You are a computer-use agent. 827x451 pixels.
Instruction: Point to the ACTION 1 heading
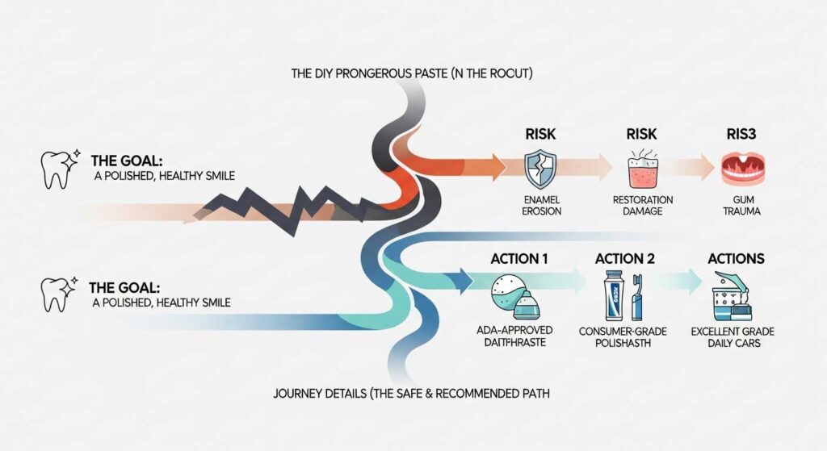click(519, 259)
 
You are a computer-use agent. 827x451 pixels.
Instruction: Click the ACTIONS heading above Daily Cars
click(735, 259)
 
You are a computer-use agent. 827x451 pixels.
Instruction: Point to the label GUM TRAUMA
click(737, 205)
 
